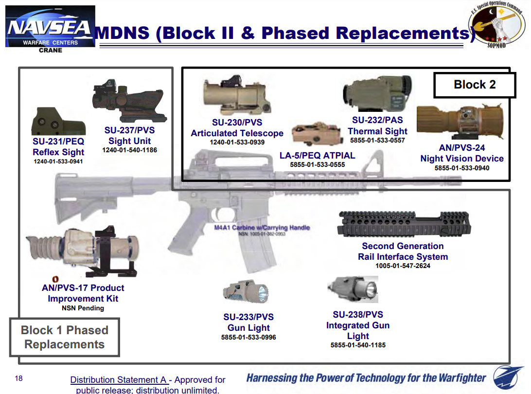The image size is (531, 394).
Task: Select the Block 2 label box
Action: tap(474, 85)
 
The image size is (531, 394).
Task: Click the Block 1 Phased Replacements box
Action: tap(65, 338)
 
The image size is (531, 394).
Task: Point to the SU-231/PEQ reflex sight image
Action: tap(58, 122)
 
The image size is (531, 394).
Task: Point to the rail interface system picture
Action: tap(404, 224)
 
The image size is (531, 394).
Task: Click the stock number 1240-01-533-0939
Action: tap(237, 143)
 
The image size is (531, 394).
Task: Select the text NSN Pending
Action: tap(83, 308)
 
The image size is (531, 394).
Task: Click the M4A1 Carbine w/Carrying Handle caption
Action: tap(262, 228)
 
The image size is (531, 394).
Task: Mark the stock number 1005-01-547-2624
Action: tap(403, 266)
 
